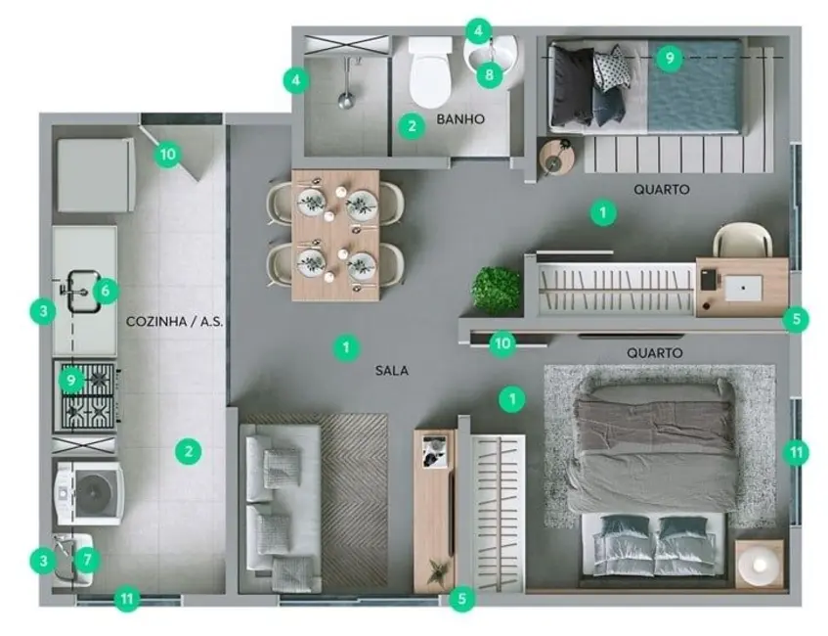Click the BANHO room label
461,120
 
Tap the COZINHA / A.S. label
176,321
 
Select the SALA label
391,371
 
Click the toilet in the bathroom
430,73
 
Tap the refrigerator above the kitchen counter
95,175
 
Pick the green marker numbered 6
105,290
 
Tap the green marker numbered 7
88,561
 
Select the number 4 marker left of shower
296,80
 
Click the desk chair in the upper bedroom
742,241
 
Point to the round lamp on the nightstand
759,565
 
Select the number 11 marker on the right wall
798,452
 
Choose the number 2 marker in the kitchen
189,451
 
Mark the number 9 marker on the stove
71,379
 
